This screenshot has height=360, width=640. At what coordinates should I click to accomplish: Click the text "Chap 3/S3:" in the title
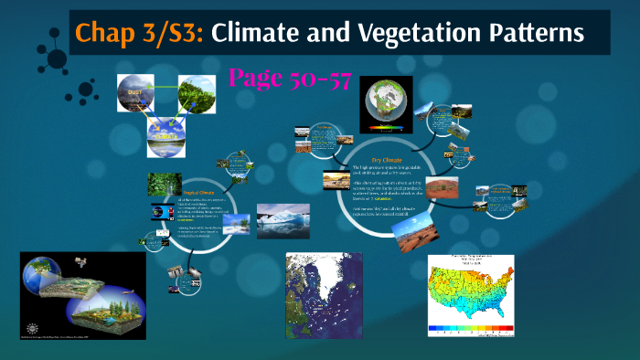[140, 34]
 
